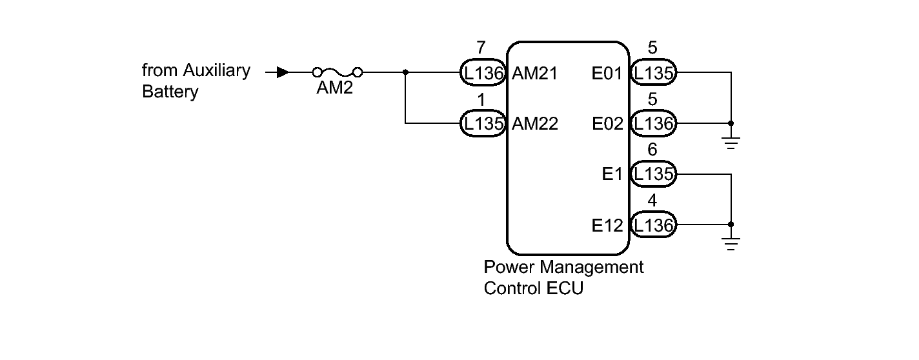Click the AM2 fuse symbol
(x=336, y=72)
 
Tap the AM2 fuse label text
(x=334, y=89)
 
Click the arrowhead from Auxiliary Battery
(x=282, y=72)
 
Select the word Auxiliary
(x=216, y=70)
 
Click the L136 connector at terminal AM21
(x=482, y=73)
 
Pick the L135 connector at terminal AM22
(x=482, y=123)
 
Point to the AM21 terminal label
(x=535, y=73)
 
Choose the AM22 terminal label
(x=535, y=123)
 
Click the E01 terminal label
(x=607, y=73)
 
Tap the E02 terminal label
(x=607, y=123)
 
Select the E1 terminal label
(x=612, y=174)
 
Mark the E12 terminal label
(x=607, y=225)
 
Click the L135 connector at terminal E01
(x=652, y=73)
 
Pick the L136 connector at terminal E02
(x=652, y=123)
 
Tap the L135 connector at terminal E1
(x=652, y=174)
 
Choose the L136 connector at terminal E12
(x=652, y=225)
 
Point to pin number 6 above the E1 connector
(x=652, y=150)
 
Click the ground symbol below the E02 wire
(x=731, y=143)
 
